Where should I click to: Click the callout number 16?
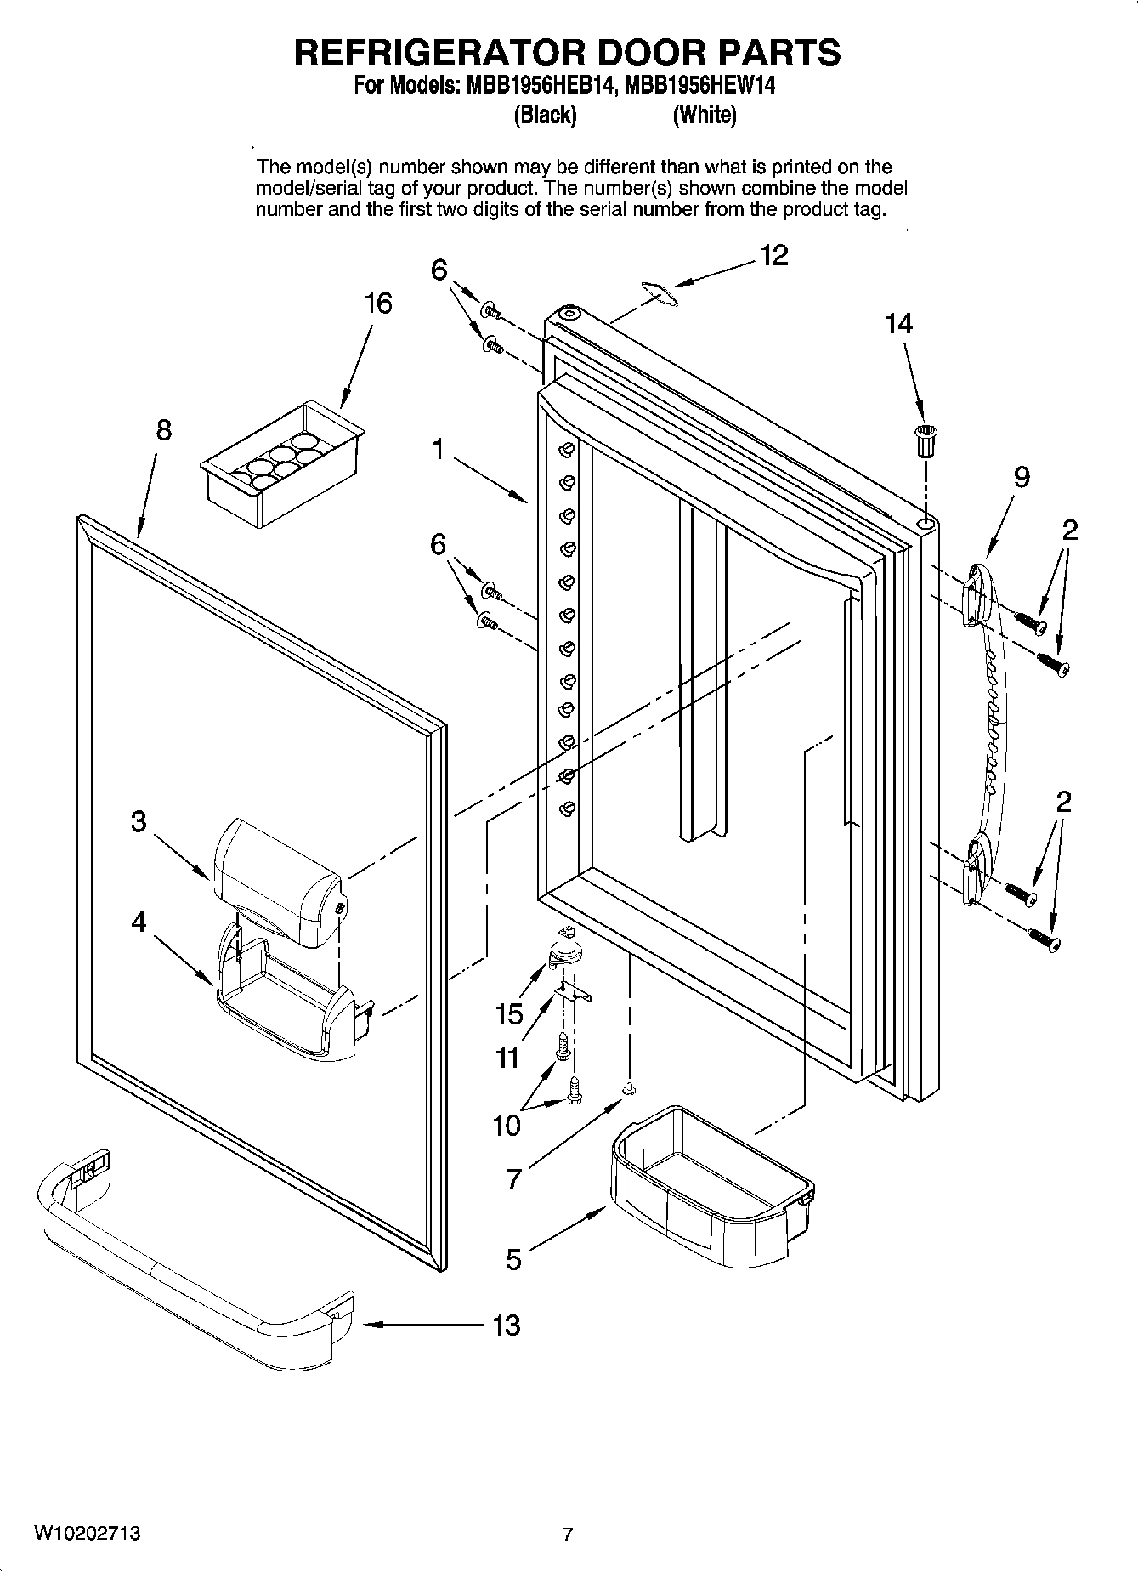(x=379, y=304)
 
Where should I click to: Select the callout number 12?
(x=774, y=255)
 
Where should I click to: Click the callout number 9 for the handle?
(x=1022, y=478)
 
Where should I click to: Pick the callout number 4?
(x=139, y=922)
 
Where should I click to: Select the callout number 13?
(x=507, y=1325)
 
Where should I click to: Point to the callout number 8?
(x=163, y=430)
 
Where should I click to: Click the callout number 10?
(x=507, y=1126)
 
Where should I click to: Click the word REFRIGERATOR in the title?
(x=442, y=53)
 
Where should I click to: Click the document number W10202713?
(x=88, y=1534)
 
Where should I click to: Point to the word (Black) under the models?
(x=545, y=115)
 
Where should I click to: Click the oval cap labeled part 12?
(x=658, y=292)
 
